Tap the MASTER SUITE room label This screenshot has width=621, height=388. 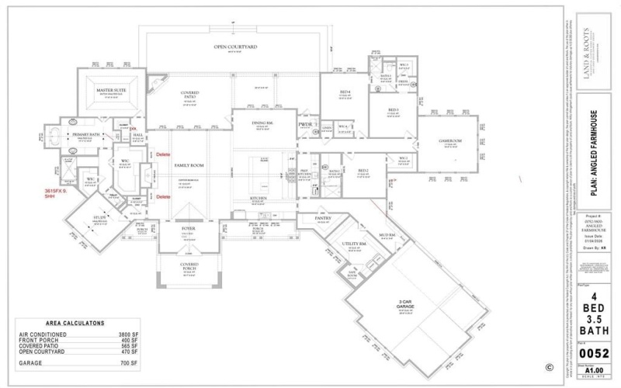coord(111,91)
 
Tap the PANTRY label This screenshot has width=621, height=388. coord(323,219)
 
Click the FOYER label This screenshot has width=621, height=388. coord(189,230)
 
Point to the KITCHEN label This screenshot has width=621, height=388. coord(258,198)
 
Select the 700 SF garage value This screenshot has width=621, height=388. coord(129,362)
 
